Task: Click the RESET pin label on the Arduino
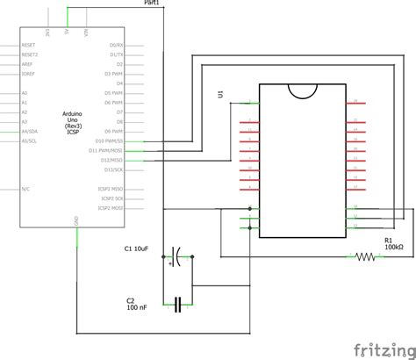coord(29,44)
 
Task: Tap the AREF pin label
coord(27,63)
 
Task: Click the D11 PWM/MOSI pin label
coord(112,150)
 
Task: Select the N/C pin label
coord(26,189)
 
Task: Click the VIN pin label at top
coord(86,32)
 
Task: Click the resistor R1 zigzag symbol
coord(365,257)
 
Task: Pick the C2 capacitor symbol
coord(179,305)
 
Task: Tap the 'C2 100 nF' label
coord(137,305)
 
